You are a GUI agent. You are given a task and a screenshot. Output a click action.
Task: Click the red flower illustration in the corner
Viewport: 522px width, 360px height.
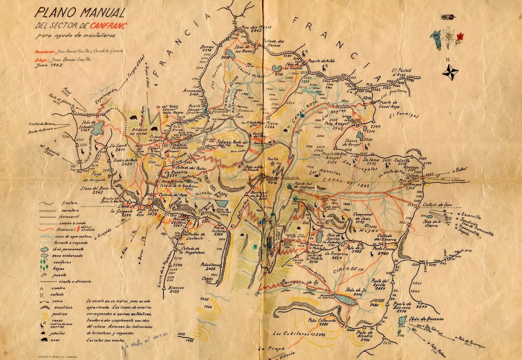tap(460, 37)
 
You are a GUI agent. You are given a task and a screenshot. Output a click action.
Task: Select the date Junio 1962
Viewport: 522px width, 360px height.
tap(49, 65)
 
